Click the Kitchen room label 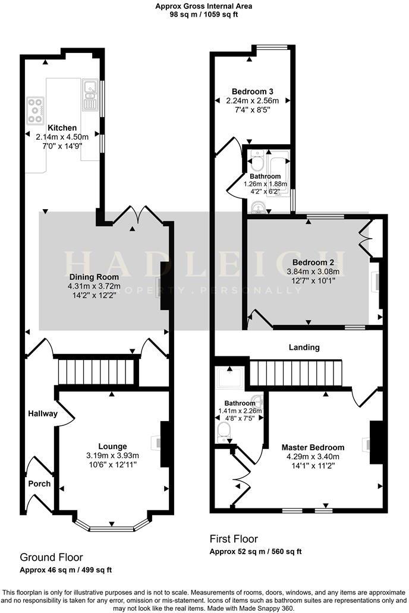tap(62, 128)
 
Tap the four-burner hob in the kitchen tap(36, 110)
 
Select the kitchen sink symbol tap(91, 95)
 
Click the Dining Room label tap(94, 277)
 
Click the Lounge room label tap(113, 446)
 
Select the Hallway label tap(42, 413)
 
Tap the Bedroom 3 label tap(253, 91)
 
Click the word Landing tap(304, 347)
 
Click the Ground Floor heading tap(51, 557)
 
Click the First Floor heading tap(234, 539)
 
